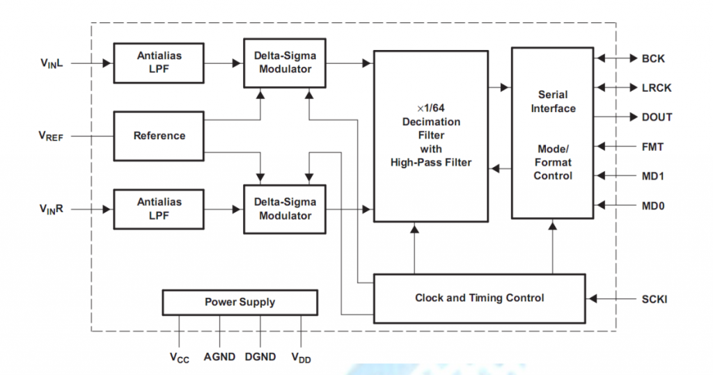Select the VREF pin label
pos(51,137)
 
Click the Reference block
pos(159,136)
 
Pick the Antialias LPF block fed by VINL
pos(159,63)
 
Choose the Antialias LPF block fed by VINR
pos(159,208)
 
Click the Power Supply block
pos(240,302)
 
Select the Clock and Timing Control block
pos(479,298)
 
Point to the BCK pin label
pos(653,58)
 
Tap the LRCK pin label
pos(657,88)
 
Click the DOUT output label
pos(657,117)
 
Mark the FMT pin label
pos(652,147)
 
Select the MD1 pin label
pos(652,176)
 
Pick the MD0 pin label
pos(652,205)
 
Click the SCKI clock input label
pos(655,298)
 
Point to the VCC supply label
pos(180,358)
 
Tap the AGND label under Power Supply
pos(220,357)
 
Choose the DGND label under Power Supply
pos(260,357)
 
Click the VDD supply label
pos(301,358)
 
